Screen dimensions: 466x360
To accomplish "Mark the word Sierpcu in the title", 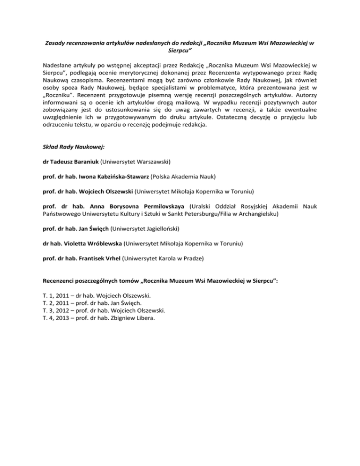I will point(180,51).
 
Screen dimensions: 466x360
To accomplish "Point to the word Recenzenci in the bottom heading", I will point(58,281).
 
